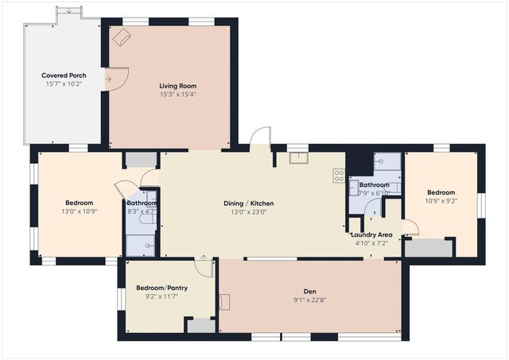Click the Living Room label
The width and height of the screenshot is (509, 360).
(x=177, y=86)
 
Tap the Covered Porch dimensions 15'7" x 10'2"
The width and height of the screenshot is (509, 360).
(x=64, y=83)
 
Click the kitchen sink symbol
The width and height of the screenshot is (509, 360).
(x=298, y=157)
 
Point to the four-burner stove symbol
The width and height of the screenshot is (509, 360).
(x=339, y=176)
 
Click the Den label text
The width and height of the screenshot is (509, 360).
(x=309, y=291)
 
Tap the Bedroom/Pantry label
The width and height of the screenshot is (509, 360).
(x=161, y=288)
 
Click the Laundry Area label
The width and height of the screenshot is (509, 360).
(x=371, y=234)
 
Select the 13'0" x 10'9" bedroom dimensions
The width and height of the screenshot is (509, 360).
(x=80, y=211)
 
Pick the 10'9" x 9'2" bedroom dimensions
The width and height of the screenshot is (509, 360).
(x=441, y=201)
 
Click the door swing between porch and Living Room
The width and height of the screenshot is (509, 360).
(x=115, y=79)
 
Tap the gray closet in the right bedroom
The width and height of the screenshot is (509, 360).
(x=429, y=248)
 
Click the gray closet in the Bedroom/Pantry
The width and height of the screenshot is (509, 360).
(x=201, y=325)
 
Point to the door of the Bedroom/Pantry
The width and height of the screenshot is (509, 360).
(x=204, y=266)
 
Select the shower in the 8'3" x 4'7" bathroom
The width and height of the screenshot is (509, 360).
(x=141, y=246)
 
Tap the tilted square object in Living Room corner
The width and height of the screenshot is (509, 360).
(x=122, y=37)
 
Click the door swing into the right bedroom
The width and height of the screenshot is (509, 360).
(x=410, y=228)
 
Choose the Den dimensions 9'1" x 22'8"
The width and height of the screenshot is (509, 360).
(x=309, y=300)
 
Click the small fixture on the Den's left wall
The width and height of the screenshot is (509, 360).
(x=224, y=302)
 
